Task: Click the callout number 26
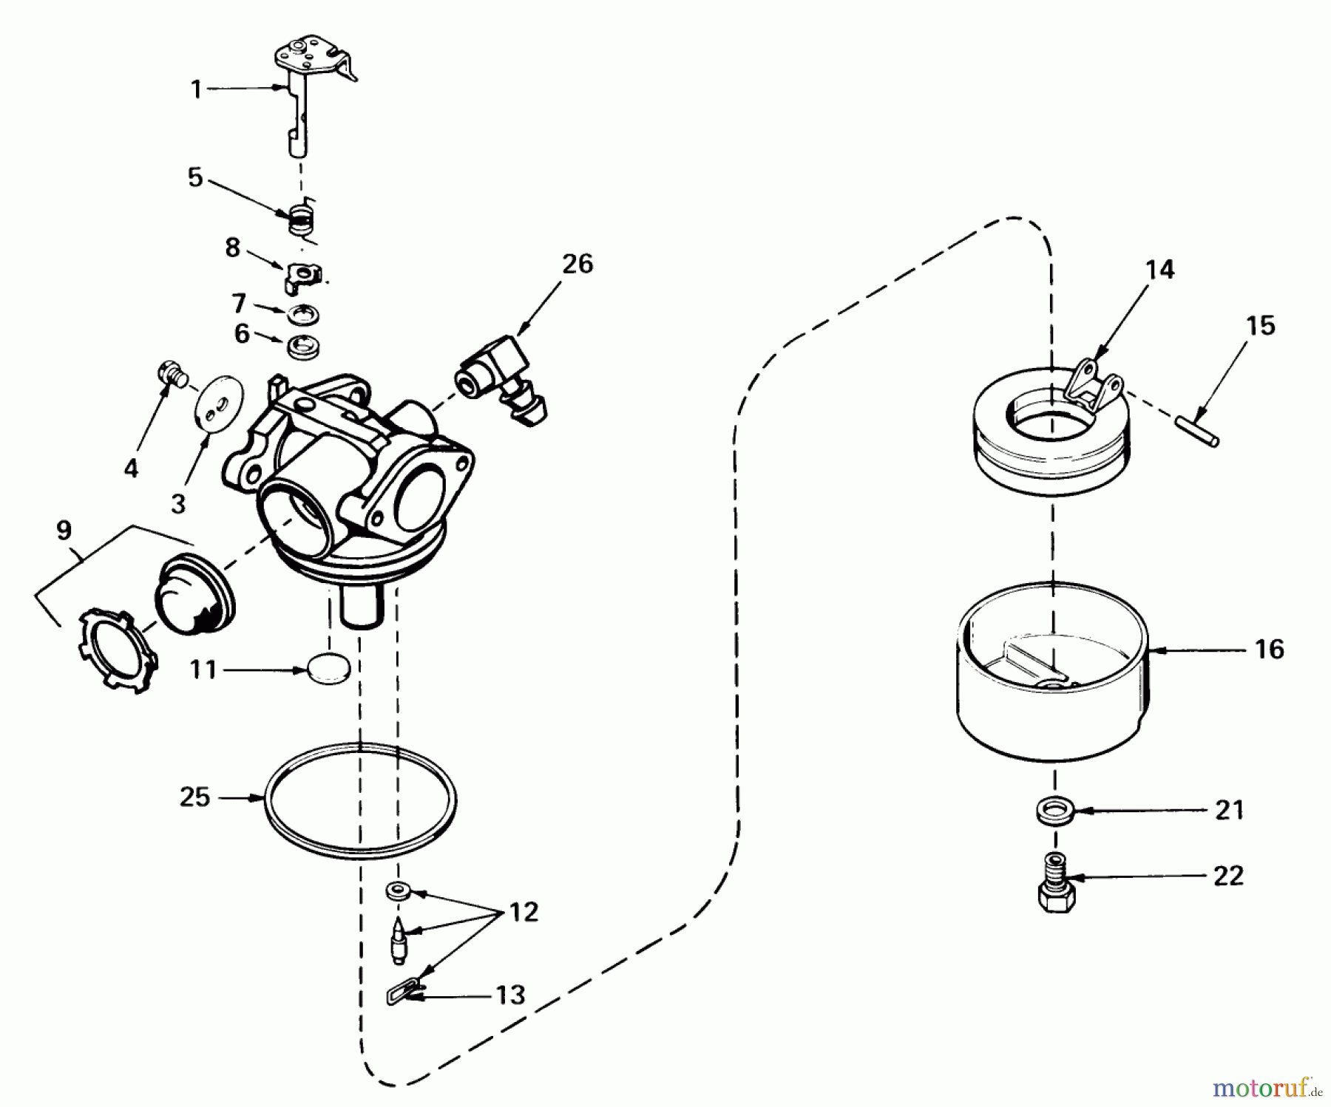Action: pyautogui.click(x=578, y=264)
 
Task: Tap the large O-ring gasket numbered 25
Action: pyautogui.click(x=361, y=800)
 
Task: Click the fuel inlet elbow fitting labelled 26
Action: pyautogui.click(x=503, y=380)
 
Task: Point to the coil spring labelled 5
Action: pyautogui.click(x=302, y=220)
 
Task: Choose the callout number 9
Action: pyautogui.click(x=64, y=530)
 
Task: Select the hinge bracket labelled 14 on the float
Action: pyautogui.click(x=1094, y=386)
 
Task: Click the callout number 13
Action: pyautogui.click(x=510, y=995)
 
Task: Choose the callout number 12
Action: pyautogui.click(x=524, y=912)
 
